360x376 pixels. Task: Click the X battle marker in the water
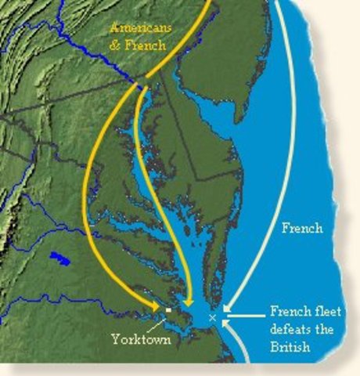pos(213,317)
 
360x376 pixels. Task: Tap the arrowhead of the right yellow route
pos(188,302)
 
